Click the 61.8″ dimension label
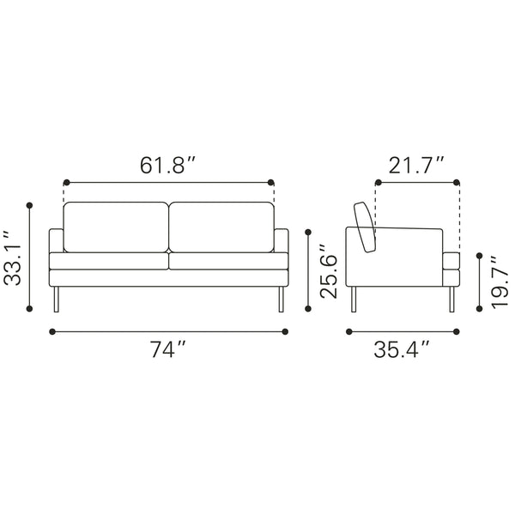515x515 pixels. pyautogui.click(x=168, y=165)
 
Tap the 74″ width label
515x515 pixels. pyautogui.click(x=168, y=349)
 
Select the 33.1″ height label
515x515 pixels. pyautogui.click(x=12, y=257)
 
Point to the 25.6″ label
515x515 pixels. pyautogui.click(x=329, y=271)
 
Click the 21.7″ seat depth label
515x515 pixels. pyautogui.click(x=416, y=165)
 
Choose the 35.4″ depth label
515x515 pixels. pyautogui.click(x=402, y=349)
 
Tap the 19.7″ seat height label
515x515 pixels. pyautogui.click(x=500, y=282)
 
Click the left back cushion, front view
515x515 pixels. pyautogui.click(x=116, y=227)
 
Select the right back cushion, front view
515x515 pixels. pyautogui.click(x=221, y=227)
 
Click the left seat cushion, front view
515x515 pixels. pyautogui.click(x=109, y=261)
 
